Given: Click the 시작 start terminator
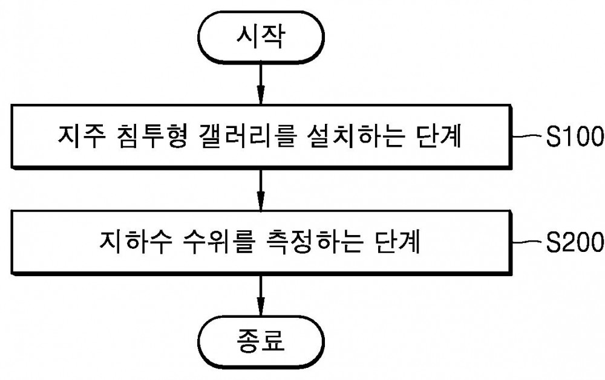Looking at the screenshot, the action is [261, 37].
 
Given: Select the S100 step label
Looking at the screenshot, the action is [575, 136].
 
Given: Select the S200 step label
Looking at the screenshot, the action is [575, 242].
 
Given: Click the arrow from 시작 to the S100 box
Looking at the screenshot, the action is [261, 83].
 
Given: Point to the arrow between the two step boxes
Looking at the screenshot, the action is [261, 190].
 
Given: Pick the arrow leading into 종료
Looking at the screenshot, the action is [261, 295].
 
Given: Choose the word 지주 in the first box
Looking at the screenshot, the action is [81, 136].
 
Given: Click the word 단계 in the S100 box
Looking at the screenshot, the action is [439, 136].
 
